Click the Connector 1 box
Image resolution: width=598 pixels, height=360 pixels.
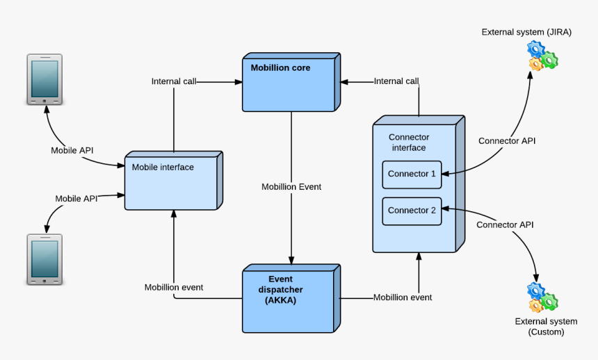coord(412,174)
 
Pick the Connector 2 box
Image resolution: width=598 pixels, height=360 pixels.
coord(412,211)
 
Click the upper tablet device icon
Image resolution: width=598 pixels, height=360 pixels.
coord(45,79)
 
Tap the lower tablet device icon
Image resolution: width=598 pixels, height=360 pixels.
coord(45,259)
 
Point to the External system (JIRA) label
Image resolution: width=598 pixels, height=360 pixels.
coord(526,32)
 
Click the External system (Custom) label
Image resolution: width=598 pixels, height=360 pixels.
coord(546,327)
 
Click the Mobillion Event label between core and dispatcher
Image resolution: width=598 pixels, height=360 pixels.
coord(291,187)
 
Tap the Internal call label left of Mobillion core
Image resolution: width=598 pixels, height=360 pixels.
coord(174,81)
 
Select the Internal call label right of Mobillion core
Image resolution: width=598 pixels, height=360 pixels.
coord(396,81)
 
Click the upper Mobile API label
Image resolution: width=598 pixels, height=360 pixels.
coord(72,150)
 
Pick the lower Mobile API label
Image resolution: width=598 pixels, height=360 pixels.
coord(76,199)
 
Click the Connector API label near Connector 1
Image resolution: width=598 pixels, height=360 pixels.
coord(507,141)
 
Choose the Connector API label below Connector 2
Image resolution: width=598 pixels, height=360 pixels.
coord(505,225)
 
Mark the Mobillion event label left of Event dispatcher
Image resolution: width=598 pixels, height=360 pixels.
coord(174,287)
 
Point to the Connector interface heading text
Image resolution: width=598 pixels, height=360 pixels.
coord(408,142)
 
